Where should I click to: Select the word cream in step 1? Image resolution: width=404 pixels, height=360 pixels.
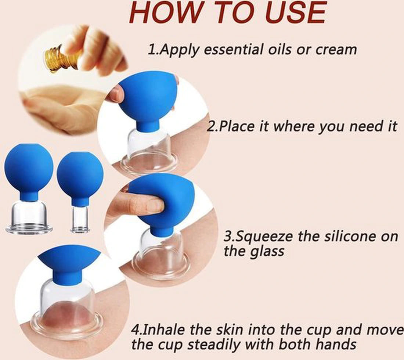(336, 49)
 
